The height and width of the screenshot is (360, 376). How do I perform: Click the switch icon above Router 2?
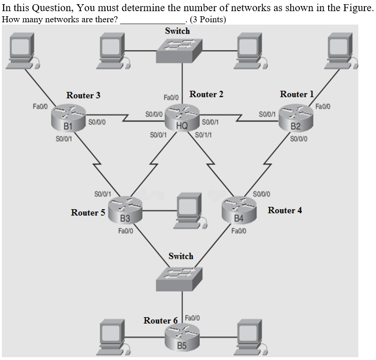(177, 50)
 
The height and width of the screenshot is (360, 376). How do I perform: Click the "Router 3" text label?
(83, 96)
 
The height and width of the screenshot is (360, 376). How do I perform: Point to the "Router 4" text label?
(285, 210)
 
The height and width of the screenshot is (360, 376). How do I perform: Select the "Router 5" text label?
(88, 212)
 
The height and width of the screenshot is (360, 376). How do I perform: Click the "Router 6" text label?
(160, 321)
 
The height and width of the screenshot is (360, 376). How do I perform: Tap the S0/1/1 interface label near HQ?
(203, 135)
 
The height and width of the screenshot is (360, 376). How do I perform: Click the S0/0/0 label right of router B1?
(97, 122)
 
